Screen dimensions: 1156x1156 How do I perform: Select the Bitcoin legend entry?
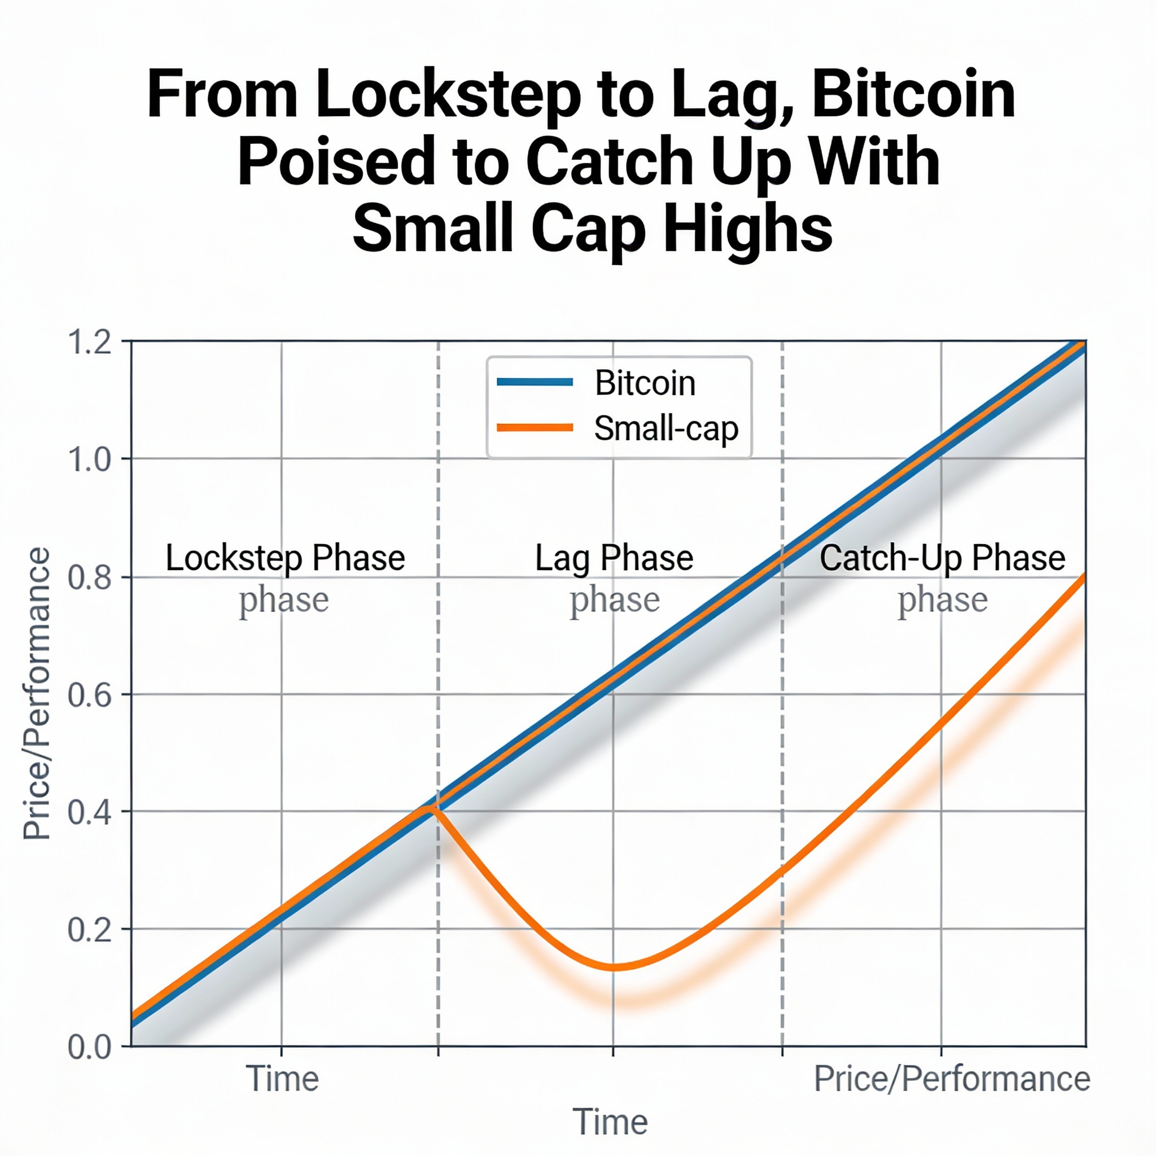pyautogui.click(x=645, y=383)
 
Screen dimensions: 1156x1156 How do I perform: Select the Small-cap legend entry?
pyautogui.click(x=665, y=428)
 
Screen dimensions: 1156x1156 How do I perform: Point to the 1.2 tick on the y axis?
pyautogui.click(x=90, y=342)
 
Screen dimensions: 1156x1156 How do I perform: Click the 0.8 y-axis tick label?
pyautogui.click(x=90, y=577)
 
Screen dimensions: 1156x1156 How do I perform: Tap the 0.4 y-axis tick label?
pyautogui.click(x=90, y=812)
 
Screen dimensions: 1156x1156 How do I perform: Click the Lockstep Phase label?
pyautogui.click(x=285, y=558)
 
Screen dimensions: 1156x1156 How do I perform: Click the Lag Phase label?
pyautogui.click(x=614, y=558)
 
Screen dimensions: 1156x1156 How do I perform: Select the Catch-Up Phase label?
pyautogui.click(x=942, y=558)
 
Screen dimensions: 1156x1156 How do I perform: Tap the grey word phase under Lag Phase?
pyautogui.click(x=615, y=599)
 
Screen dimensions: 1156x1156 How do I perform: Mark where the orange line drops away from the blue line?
pyautogui.click(x=432, y=809)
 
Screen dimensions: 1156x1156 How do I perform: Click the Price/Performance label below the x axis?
pyautogui.click(x=951, y=1079)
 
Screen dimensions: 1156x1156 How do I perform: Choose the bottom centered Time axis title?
pyautogui.click(x=610, y=1122)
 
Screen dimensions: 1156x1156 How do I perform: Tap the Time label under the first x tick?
pyautogui.click(x=282, y=1079)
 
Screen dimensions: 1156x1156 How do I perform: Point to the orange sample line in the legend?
pyautogui.click(x=535, y=428)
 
